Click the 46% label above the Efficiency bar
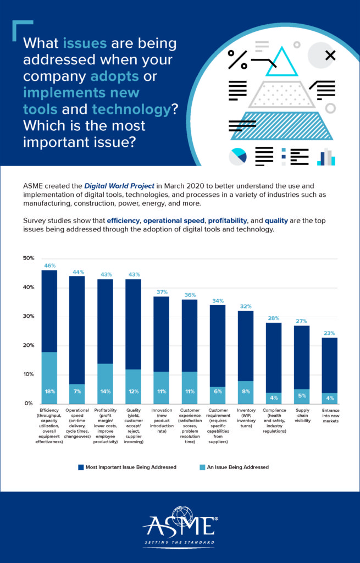(x=49, y=266)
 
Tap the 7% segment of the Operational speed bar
(x=77, y=391)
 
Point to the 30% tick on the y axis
(x=28, y=316)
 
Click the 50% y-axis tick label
(x=28, y=258)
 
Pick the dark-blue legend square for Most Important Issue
(x=81, y=467)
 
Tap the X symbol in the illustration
(x=330, y=55)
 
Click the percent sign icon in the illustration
(x=237, y=58)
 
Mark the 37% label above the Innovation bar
(x=161, y=292)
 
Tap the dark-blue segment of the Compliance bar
(x=274, y=357)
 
